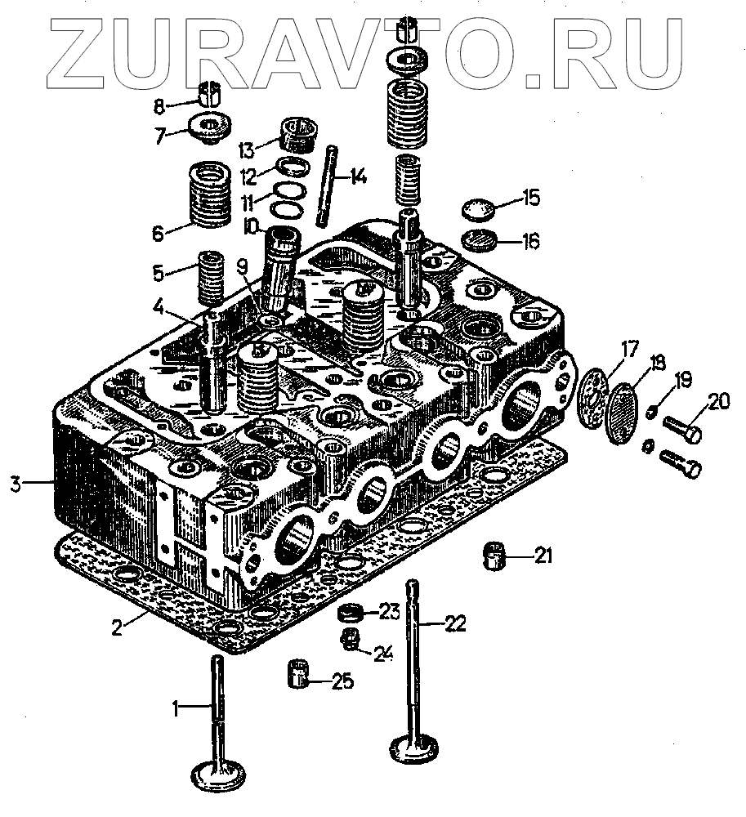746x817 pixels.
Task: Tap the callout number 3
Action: (x=15, y=484)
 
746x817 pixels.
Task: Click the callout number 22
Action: (x=456, y=623)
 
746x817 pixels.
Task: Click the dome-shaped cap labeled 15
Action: (x=478, y=210)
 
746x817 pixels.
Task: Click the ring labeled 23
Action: (x=351, y=611)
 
